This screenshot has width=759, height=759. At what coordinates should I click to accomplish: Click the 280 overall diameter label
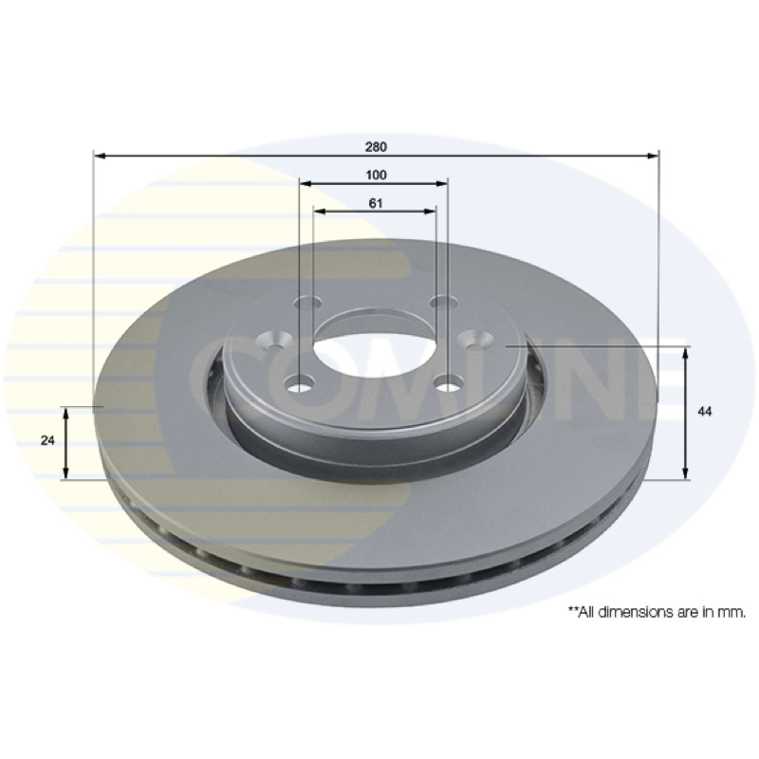376,147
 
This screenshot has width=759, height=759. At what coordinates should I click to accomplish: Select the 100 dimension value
376,175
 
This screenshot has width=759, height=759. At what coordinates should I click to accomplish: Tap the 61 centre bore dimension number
376,203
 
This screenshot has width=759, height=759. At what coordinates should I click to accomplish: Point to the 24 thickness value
47,440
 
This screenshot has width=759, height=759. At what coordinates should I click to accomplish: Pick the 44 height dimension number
705,412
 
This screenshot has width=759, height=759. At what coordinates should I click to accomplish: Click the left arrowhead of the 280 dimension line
100,156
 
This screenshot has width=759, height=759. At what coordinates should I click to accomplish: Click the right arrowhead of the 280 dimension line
653,156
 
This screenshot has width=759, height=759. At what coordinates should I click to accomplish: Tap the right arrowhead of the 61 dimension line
430,211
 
